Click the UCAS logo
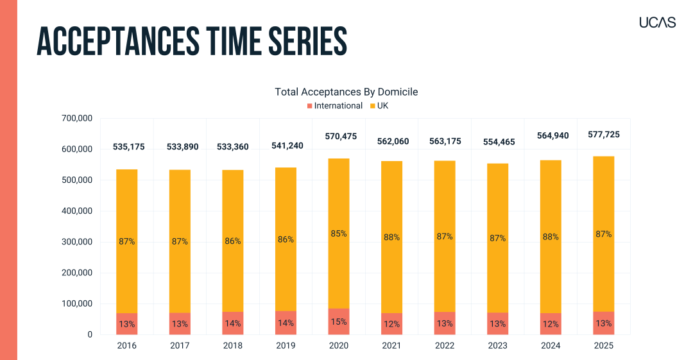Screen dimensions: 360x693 point(657,22)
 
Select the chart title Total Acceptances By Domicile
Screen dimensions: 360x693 point(346,92)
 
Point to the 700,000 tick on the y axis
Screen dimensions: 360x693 point(77,118)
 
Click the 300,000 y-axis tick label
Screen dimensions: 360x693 point(77,242)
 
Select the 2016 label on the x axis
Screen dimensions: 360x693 point(126,345)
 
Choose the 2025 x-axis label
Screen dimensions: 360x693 point(603,345)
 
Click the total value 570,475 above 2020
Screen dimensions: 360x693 point(339,136)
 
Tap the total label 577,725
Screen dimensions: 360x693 point(604,135)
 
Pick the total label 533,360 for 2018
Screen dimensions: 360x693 point(233,146)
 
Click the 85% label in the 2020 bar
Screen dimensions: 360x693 point(339,234)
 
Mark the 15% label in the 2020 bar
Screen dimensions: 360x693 point(339,321)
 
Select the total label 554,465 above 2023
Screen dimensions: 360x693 point(498,142)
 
